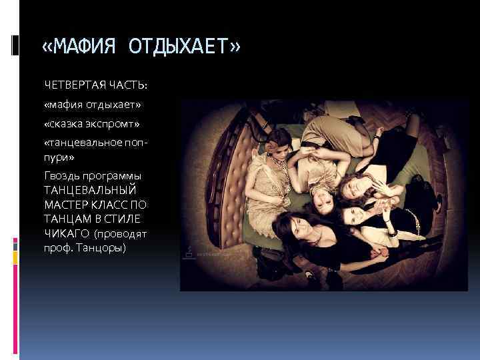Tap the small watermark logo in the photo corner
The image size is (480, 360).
[x=189, y=253]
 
